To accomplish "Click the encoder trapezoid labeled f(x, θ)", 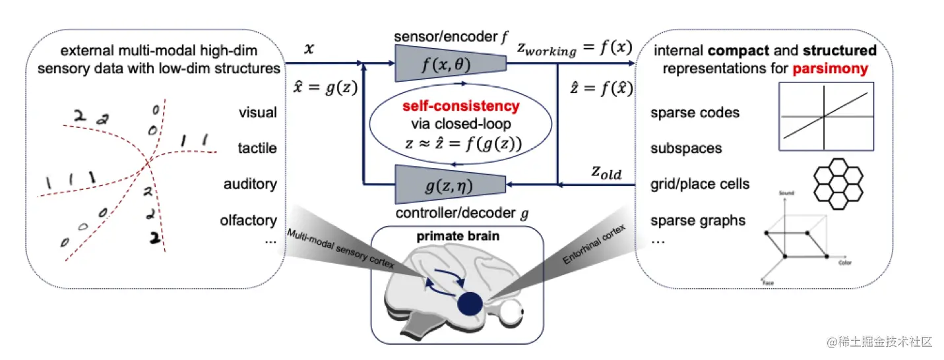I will point(450,64).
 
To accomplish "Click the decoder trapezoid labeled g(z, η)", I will point(450,183).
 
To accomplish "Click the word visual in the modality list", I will point(257,113).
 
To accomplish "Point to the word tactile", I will point(257,148).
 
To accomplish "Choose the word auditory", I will point(250,184).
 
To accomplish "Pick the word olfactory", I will point(249,220).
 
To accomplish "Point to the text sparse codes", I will point(695,113).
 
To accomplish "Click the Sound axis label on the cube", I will point(786,193).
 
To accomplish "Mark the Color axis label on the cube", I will point(845,263).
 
